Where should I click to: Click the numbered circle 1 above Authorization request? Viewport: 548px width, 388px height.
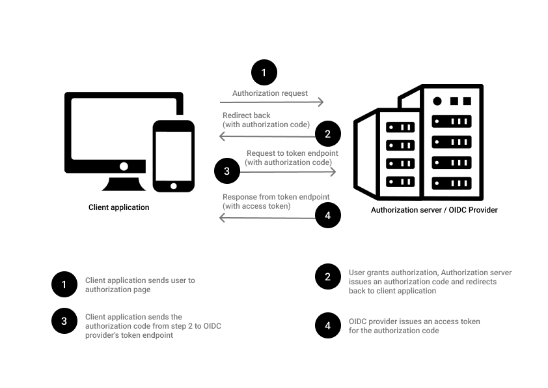click(264, 72)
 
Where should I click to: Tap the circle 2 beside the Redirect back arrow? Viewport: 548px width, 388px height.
click(328, 135)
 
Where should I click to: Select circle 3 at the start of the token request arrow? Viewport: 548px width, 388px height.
click(227, 172)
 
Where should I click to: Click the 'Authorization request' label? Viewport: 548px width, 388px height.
click(270, 93)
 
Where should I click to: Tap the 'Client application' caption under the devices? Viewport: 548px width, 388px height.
click(119, 207)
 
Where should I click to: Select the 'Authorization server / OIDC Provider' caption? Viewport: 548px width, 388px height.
click(434, 210)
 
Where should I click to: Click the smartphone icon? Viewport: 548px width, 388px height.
click(173, 156)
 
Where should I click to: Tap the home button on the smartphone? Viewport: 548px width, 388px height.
click(173, 185)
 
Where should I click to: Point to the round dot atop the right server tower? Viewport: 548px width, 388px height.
click(437, 101)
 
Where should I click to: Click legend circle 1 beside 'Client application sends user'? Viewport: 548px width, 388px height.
click(64, 284)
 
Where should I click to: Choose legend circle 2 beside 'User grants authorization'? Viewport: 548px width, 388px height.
click(328, 276)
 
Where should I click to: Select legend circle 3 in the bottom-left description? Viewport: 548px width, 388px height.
click(64, 321)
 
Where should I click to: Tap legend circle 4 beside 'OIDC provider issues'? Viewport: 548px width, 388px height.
click(328, 326)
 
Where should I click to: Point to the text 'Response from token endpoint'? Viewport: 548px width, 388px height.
click(276, 197)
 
